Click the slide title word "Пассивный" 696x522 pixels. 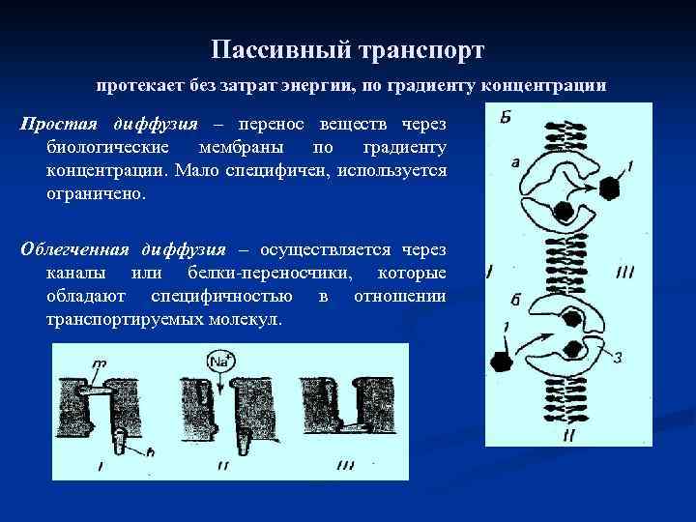276,47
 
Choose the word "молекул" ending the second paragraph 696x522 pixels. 243,318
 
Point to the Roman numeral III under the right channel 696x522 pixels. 346,466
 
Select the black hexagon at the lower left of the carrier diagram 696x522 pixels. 502,362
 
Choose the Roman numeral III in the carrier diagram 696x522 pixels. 624,273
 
